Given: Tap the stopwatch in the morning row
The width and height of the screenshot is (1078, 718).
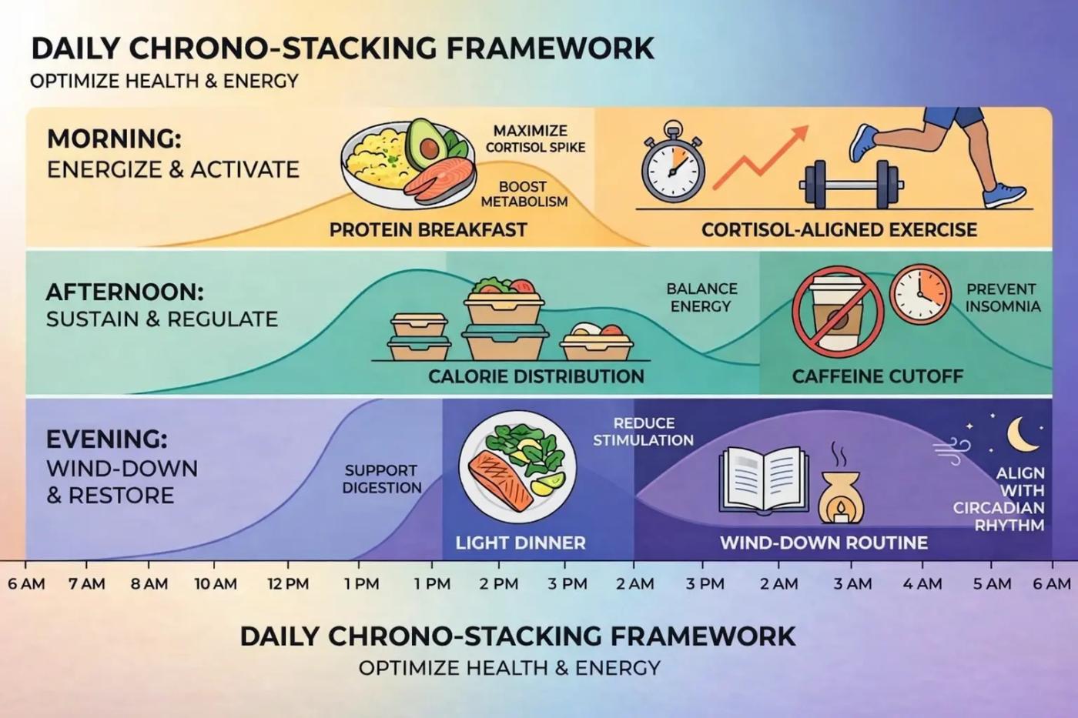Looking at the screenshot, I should pos(673,164).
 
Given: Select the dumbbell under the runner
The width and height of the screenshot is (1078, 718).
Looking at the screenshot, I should pos(851,184).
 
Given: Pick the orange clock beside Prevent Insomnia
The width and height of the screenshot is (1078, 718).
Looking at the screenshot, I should pos(920,294).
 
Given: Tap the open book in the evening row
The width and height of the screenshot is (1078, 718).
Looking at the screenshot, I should pos(764,479).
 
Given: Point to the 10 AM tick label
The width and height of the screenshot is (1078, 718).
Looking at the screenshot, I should pos(216,584).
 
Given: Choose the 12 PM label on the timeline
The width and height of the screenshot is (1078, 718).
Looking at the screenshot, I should pos(288,584).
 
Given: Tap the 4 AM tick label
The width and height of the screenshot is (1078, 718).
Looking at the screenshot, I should pos(922,584).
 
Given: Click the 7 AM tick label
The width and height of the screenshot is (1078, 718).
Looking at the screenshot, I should pos(86,584).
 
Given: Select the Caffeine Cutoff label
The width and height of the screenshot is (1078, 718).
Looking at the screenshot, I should pos(878,376).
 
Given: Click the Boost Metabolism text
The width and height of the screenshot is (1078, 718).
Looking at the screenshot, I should pos(524,194).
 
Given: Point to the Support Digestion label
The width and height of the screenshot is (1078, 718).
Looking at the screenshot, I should pos(382,479).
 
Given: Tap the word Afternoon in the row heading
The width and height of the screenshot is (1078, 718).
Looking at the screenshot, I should pos(125,292).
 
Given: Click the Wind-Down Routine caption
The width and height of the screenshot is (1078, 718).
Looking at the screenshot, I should pos(823,543).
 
